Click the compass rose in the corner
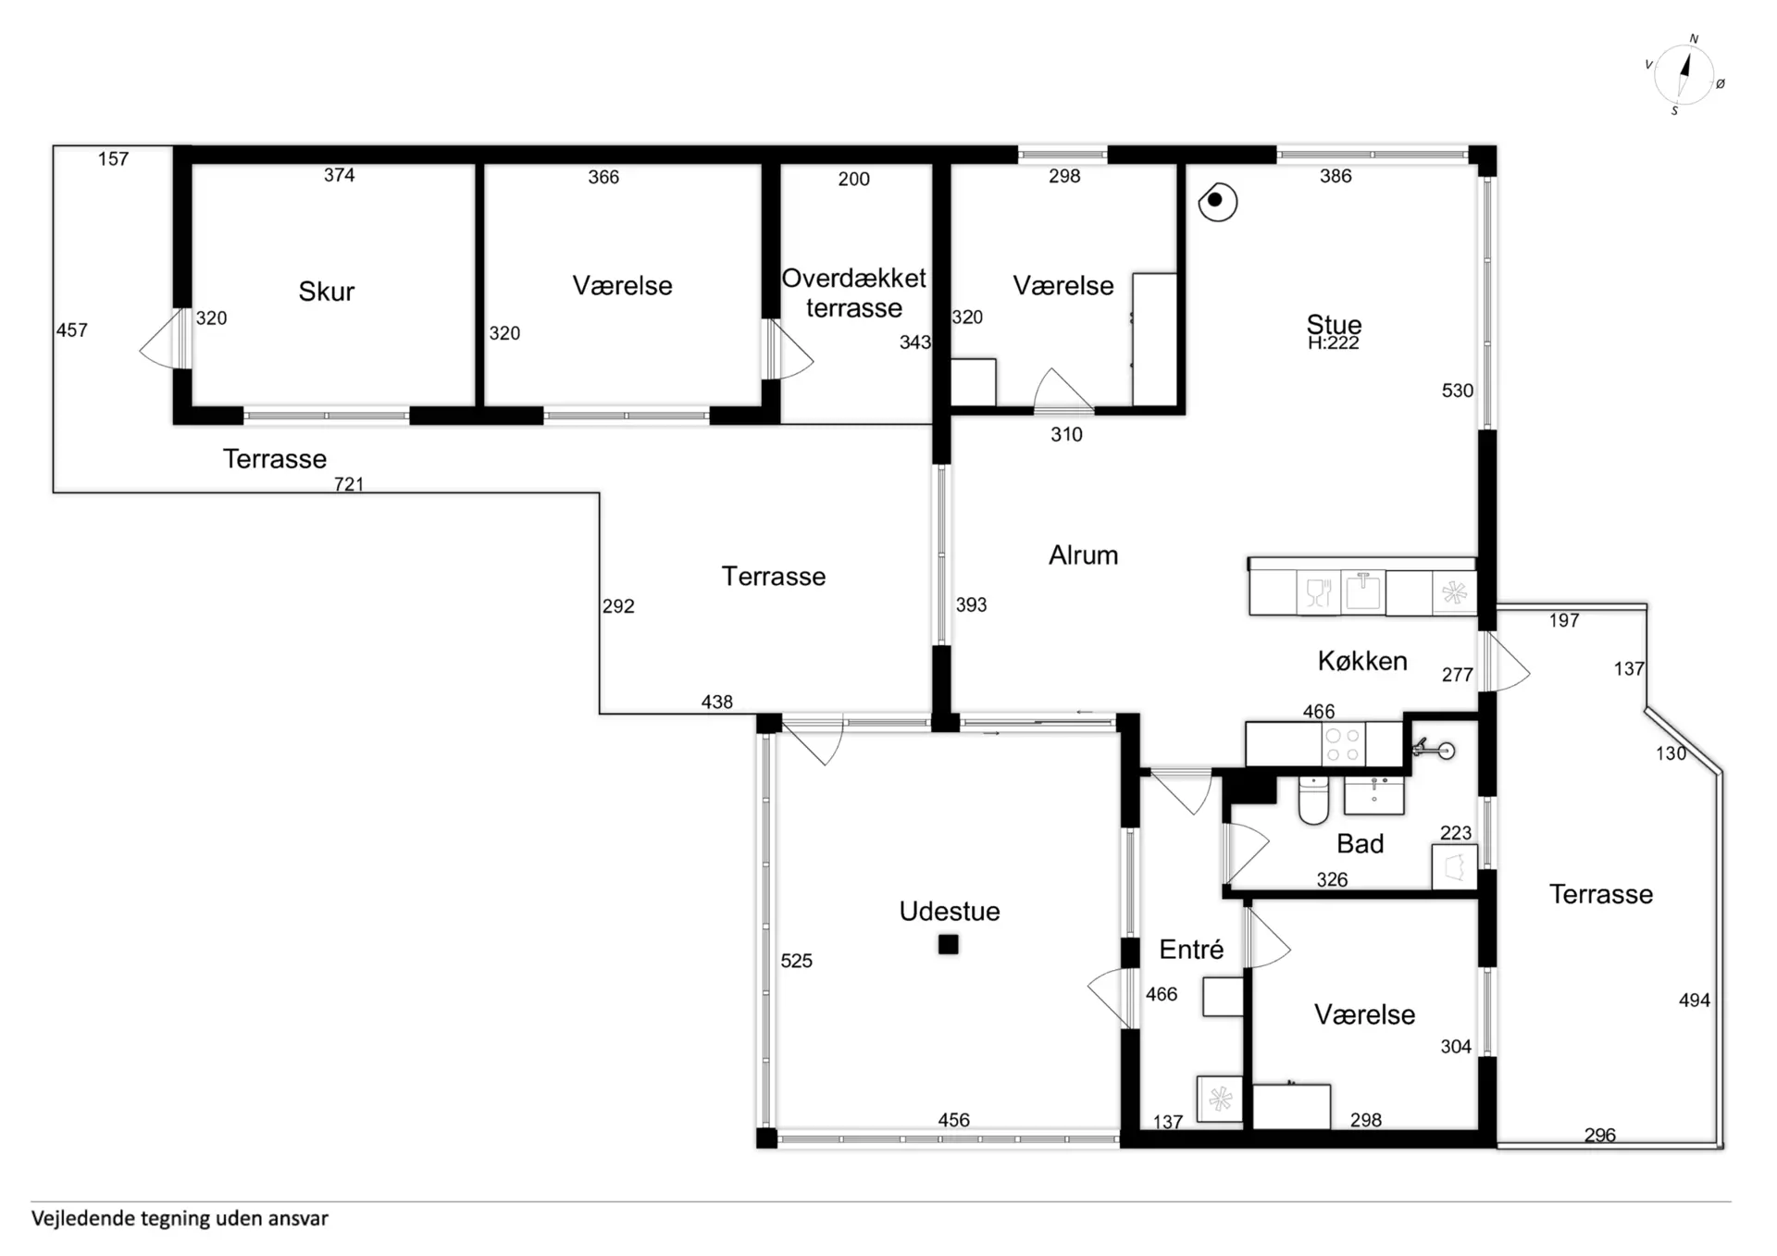coord(1684,75)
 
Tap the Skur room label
coord(326,292)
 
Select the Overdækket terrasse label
coord(853,292)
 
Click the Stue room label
coord(1334,324)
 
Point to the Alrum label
coord(1083,555)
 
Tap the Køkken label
coord(1362,661)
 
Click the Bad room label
coord(1360,843)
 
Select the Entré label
coord(1191,949)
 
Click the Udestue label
coord(950,911)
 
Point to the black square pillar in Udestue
coord(948,944)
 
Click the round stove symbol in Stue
coord(1217,201)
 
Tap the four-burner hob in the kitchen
coord(1342,744)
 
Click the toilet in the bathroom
coord(1313,800)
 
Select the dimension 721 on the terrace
coord(349,484)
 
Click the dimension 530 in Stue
coord(1457,391)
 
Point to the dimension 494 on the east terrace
coord(1694,1000)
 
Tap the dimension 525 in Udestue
coord(796,961)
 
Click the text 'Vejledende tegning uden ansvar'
coord(180,1218)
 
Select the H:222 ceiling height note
coord(1333,343)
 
